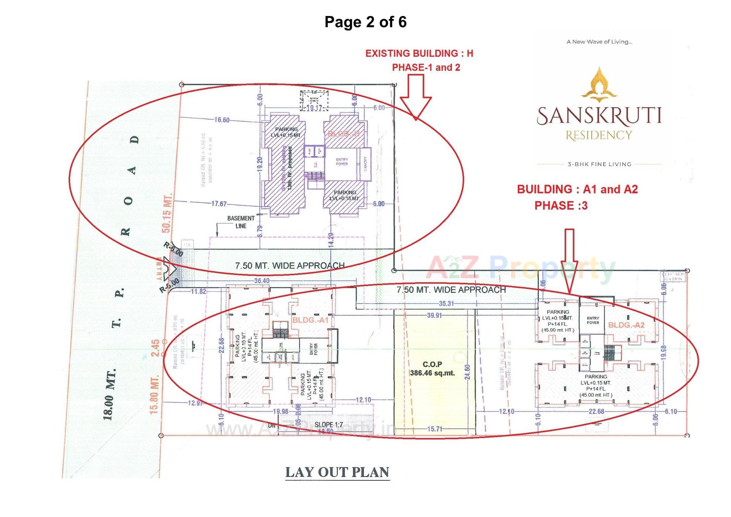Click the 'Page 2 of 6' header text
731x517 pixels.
point(365,22)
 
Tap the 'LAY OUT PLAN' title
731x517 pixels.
point(337,472)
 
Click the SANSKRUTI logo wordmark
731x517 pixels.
point(599,116)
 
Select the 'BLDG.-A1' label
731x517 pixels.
point(310,320)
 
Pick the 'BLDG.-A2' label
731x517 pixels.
point(626,325)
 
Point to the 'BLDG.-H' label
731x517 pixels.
point(343,134)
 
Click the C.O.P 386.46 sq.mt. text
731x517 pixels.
point(432,369)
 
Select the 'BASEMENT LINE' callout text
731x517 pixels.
point(241,222)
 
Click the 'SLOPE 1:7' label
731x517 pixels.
point(329,424)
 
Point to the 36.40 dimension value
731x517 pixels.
point(262,281)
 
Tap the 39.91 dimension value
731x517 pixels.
point(434,315)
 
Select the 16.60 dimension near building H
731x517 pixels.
point(222,120)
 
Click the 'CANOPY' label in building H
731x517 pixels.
point(365,163)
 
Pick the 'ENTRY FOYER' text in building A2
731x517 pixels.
point(593,320)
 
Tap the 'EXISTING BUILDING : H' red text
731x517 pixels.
point(419,53)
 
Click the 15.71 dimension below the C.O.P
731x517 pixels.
point(434,429)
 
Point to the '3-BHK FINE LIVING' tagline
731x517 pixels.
point(599,164)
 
